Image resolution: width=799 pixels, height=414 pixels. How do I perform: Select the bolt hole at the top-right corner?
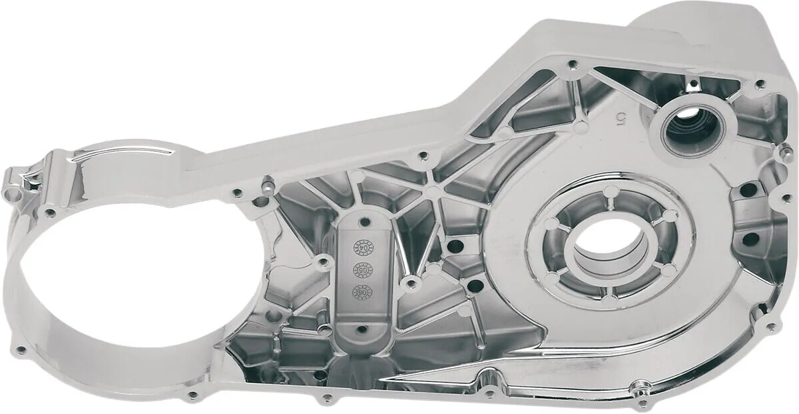pos(759,84)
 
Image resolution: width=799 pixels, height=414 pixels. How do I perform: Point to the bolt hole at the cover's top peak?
pos(571,65)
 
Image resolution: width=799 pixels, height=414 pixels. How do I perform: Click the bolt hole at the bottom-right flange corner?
pos(771,327)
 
